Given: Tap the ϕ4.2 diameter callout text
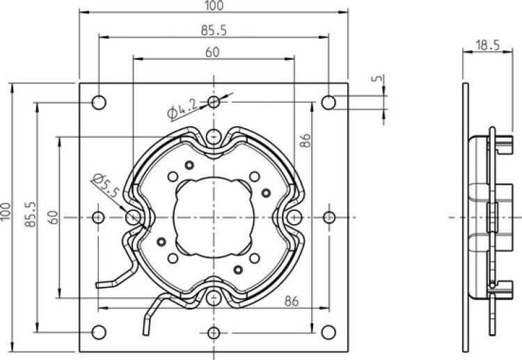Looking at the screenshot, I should [182, 108].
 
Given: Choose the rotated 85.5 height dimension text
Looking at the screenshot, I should [29, 217].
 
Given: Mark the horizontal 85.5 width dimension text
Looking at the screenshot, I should [214, 30].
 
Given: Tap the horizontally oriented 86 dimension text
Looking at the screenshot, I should [292, 301].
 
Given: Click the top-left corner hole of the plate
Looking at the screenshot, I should [100, 102].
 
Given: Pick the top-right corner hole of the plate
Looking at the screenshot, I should [329, 102].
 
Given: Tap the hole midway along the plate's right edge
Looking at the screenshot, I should [329, 217].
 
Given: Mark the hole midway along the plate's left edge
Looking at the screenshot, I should [99, 217].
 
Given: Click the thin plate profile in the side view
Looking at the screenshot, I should [466, 217].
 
